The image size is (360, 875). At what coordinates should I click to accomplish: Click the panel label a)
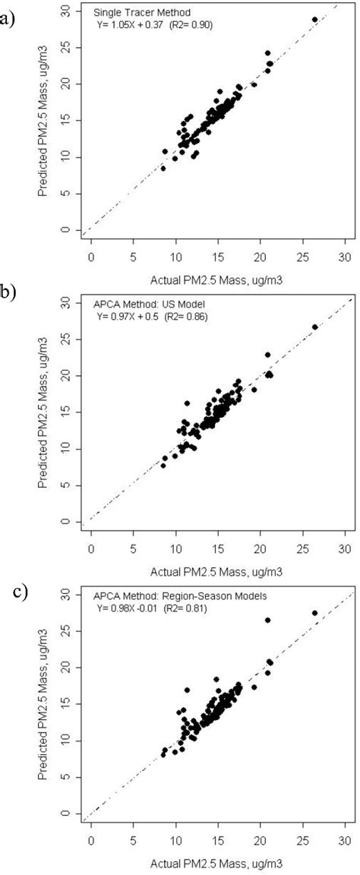(x=7, y=17)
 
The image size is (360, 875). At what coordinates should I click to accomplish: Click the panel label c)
(x=21, y=590)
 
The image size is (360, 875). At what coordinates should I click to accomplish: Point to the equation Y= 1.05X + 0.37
(x=156, y=24)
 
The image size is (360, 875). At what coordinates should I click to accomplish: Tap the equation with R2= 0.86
(x=151, y=314)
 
